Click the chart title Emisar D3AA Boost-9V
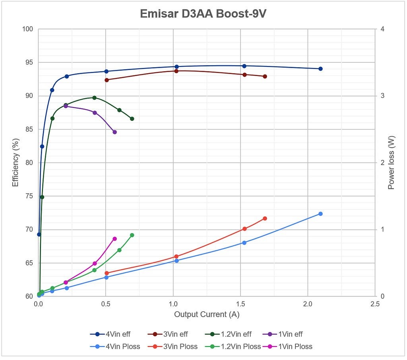pos(203,14)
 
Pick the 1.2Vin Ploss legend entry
pos(233,346)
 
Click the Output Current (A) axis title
pos(207,314)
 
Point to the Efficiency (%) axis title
pos(16,162)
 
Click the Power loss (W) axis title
pos(391,162)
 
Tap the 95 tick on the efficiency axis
pos(28,62)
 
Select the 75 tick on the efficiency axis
pos(28,196)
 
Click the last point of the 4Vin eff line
pos(320,69)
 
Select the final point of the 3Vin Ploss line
pos(265,218)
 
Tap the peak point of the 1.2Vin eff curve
pos(94,98)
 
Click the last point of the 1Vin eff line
pos(114,132)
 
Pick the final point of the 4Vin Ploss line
pos(320,214)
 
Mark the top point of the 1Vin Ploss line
pos(114,239)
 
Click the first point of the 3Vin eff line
pos(107,80)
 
